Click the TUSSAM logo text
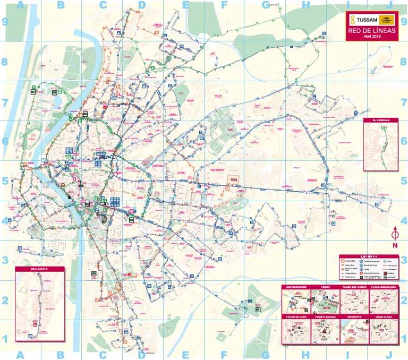[x=364, y=19]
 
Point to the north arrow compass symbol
[x=395, y=234]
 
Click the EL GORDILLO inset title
[x=381, y=121]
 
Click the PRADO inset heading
[x=325, y=287]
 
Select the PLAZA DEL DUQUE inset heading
[x=354, y=287]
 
